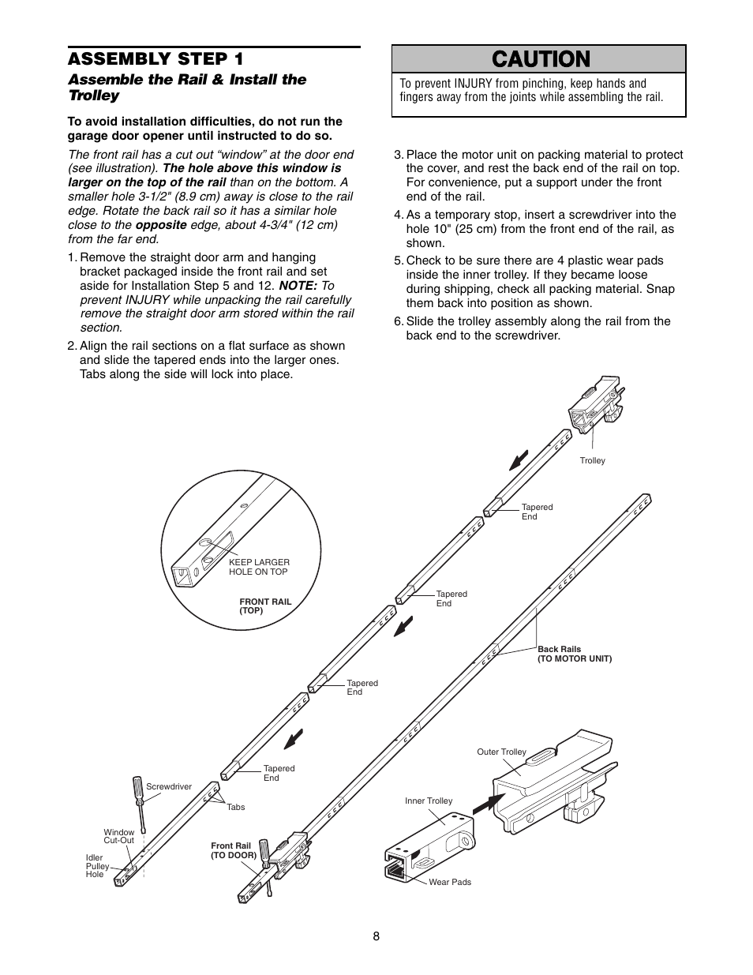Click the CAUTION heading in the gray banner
pyautogui.click(x=540, y=59)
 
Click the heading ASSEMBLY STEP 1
pyautogui.click(x=155, y=59)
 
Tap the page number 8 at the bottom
pyautogui.click(x=376, y=936)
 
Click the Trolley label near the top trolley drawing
pyautogui.click(x=592, y=460)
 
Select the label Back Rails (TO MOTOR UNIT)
pyautogui.click(x=574, y=654)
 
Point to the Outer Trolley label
pyautogui.click(x=501, y=752)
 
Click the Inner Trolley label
pyautogui.click(x=429, y=801)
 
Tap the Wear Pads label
pyautogui.click(x=449, y=882)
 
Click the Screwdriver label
pyautogui.click(x=169, y=786)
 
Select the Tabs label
pyautogui.click(x=235, y=807)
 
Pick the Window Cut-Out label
pyautogui.click(x=119, y=836)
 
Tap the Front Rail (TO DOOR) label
pyautogui.click(x=234, y=850)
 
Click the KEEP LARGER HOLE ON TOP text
pyautogui.click(x=259, y=567)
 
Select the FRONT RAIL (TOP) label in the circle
pyautogui.click(x=265, y=606)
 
